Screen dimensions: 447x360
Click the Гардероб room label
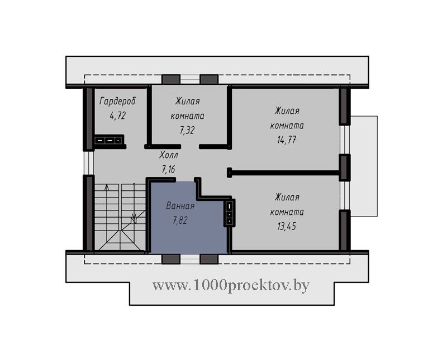click(118, 101)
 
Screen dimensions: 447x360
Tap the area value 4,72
click(118, 116)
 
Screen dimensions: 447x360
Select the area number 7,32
click(187, 130)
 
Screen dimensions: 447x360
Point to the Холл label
click(169, 155)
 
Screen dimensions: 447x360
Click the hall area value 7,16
click(169, 170)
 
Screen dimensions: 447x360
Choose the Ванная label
click(180, 205)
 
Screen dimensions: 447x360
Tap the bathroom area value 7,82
click(180, 220)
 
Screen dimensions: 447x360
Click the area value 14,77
click(287, 140)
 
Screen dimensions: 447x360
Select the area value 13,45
click(287, 226)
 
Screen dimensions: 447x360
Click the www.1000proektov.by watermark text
click(231, 285)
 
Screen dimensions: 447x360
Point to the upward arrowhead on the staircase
click(107, 187)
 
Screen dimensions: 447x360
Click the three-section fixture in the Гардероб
click(108, 140)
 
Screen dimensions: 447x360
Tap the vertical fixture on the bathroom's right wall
click(230, 213)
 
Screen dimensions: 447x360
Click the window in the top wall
click(190, 79)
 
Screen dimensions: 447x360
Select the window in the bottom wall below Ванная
click(190, 259)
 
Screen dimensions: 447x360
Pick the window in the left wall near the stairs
click(89, 162)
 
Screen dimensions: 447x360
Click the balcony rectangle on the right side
click(364, 166)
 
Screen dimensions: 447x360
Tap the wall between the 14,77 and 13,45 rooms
click(284, 172)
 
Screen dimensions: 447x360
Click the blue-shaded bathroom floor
click(188, 228)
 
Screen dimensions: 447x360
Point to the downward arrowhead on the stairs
click(134, 216)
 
